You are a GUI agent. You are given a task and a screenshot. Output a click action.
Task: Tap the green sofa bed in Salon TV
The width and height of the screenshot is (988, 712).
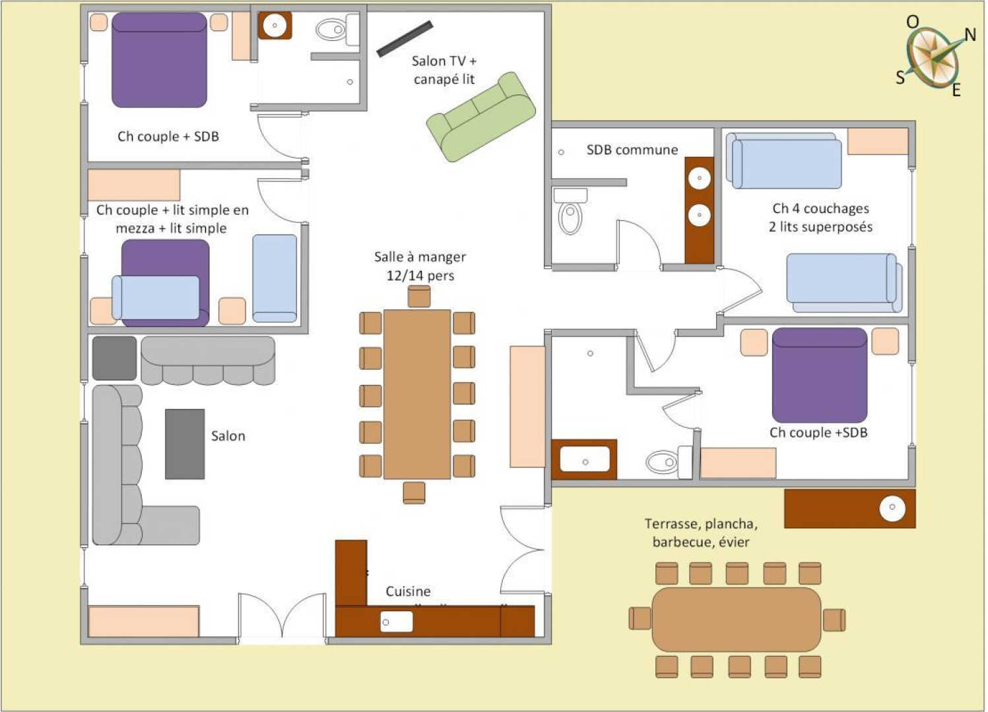click(x=481, y=117)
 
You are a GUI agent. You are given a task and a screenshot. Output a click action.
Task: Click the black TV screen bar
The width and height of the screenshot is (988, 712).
click(x=405, y=39)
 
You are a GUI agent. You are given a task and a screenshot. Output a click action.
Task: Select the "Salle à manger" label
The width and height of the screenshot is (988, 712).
click(x=420, y=256)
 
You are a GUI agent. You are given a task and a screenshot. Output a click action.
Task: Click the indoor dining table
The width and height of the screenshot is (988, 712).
click(x=417, y=394)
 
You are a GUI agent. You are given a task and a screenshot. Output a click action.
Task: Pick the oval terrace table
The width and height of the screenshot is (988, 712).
click(x=737, y=620)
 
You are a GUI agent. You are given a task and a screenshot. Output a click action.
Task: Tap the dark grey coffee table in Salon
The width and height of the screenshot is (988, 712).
click(x=185, y=444)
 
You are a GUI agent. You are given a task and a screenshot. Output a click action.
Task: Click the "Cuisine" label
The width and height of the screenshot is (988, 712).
click(x=408, y=591)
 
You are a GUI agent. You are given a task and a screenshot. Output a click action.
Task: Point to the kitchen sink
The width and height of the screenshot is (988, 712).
click(x=397, y=621)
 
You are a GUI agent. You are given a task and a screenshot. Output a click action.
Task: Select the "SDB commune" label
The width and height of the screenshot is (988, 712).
click(x=632, y=150)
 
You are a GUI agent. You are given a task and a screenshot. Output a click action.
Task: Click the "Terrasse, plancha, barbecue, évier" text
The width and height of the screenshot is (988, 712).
click(x=702, y=533)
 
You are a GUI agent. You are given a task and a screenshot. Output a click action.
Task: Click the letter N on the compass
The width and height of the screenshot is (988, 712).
click(x=970, y=34)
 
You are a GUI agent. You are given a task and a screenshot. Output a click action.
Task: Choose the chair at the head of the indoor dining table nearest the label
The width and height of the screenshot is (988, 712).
click(x=419, y=296)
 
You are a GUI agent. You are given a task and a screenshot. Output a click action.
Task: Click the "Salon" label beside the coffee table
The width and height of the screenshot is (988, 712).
click(x=228, y=436)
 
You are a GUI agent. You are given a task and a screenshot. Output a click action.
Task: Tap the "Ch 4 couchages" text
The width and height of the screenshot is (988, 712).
click(x=821, y=208)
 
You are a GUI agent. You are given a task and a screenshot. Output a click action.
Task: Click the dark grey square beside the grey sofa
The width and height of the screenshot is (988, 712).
click(x=115, y=358)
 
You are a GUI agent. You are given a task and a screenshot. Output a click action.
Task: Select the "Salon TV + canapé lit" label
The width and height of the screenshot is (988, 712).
click(x=444, y=70)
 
